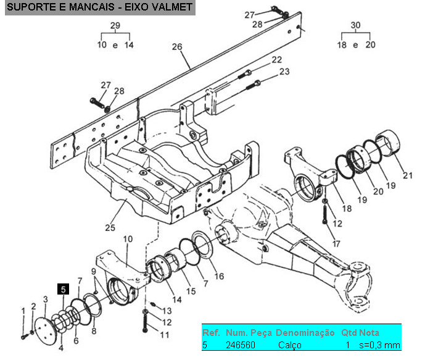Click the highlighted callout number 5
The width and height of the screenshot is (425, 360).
(x=63, y=288)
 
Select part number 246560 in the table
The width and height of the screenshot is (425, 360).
(x=240, y=345)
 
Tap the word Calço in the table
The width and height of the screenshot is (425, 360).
(x=289, y=345)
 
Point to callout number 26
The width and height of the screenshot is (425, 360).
(x=177, y=48)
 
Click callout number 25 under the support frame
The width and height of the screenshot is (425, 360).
(x=110, y=228)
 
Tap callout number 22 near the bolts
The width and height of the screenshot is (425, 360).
(x=276, y=60)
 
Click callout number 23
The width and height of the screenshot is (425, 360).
(x=284, y=72)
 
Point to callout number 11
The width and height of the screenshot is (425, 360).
(x=164, y=335)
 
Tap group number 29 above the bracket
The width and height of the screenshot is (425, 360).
(x=115, y=25)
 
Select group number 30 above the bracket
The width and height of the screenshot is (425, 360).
(x=355, y=25)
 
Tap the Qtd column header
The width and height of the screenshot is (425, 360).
(x=349, y=333)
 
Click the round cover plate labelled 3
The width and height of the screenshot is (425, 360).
(x=44, y=327)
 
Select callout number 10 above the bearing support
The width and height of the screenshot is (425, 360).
(x=128, y=239)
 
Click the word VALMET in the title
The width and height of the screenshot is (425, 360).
(x=170, y=8)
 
